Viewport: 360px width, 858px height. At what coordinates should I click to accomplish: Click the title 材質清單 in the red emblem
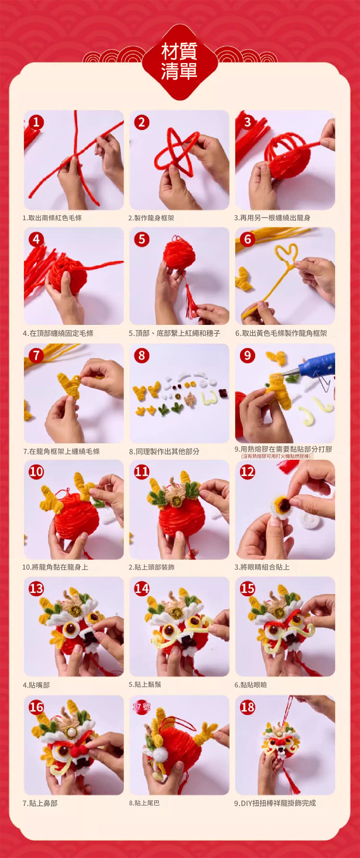(x=179, y=62)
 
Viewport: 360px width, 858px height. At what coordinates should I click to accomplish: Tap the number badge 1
(x=36, y=122)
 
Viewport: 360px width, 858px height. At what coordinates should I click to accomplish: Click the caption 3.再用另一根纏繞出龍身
(x=272, y=218)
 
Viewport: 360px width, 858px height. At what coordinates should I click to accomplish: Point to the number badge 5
(x=142, y=239)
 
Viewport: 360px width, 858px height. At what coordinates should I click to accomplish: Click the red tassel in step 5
(x=190, y=294)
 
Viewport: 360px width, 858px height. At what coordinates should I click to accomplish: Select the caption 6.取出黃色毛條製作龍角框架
(x=281, y=333)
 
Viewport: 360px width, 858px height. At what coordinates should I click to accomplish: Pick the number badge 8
(x=142, y=355)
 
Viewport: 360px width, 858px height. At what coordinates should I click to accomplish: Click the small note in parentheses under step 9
(x=275, y=456)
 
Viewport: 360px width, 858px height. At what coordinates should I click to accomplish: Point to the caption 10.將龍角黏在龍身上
(x=55, y=567)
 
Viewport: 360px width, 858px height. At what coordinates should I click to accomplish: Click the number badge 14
(x=142, y=588)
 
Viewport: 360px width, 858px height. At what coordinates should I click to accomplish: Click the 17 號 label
(x=141, y=707)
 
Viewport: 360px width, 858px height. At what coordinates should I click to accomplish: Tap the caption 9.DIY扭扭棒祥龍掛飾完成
(x=275, y=803)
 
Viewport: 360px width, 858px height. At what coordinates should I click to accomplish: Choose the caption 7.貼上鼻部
(x=40, y=803)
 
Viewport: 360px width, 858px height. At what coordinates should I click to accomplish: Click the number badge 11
(x=142, y=472)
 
